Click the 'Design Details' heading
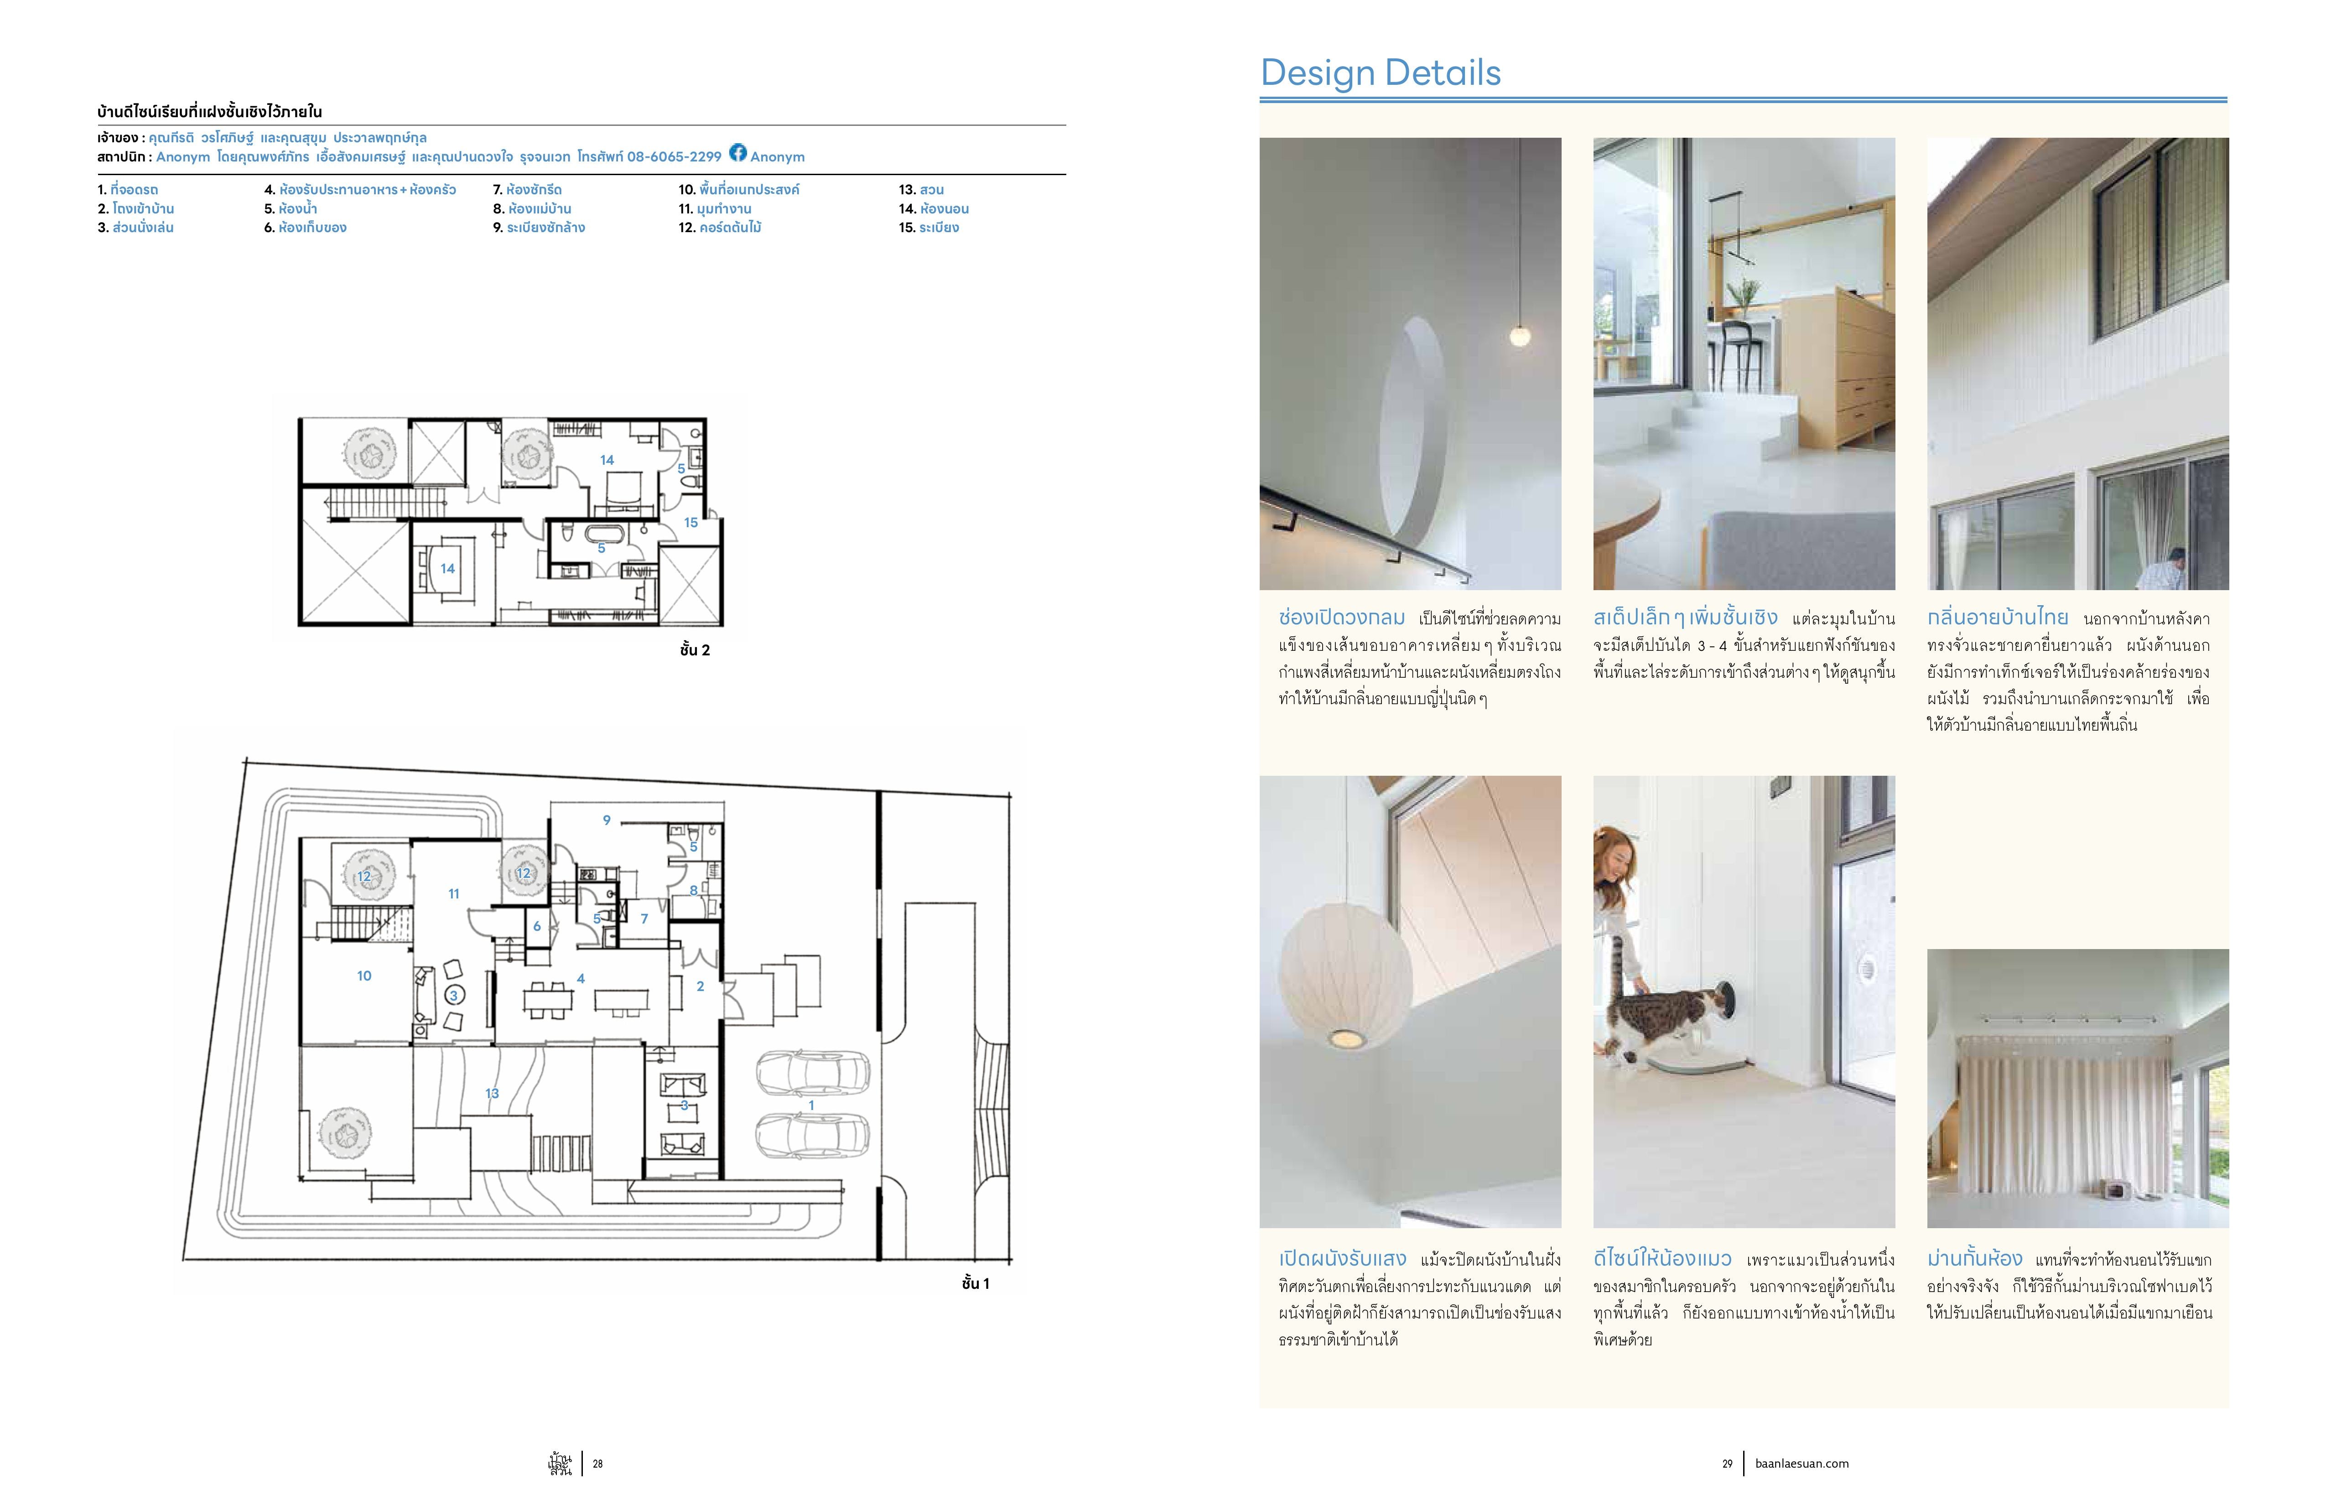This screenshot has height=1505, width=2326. pos(1380,73)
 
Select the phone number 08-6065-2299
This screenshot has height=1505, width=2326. pos(675,156)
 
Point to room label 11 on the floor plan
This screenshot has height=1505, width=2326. pos(453,893)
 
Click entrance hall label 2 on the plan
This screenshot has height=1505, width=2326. pos(700,986)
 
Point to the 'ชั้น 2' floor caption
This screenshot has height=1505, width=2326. pos(695,650)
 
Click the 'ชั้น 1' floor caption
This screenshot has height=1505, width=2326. pos(976,1283)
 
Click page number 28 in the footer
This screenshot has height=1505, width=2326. pos(598,1464)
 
